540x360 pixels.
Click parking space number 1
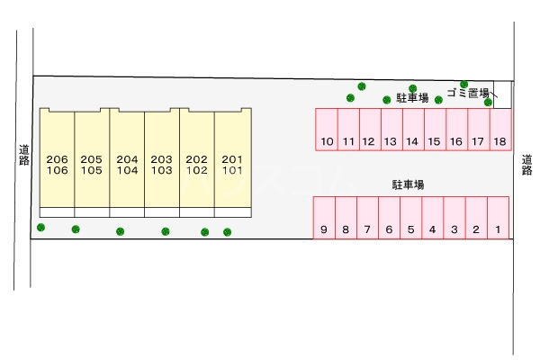click(x=498, y=219)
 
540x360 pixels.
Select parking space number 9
click(x=323, y=219)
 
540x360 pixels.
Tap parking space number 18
click(x=499, y=130)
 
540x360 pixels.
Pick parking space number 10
click(x=326, y=130)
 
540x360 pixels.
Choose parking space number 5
click(x=410, y=219)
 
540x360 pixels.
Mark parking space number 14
click(x=412, y=130)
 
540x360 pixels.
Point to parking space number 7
click(x=367, y=219)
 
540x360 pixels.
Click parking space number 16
click(x=456, y=130)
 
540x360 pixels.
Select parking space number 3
click(x=454, y=219)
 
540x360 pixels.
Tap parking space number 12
click(x=369, y=130)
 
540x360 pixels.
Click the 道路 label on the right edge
click(x=526, y=164)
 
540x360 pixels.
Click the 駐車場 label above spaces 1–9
click(x=408, y=184)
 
